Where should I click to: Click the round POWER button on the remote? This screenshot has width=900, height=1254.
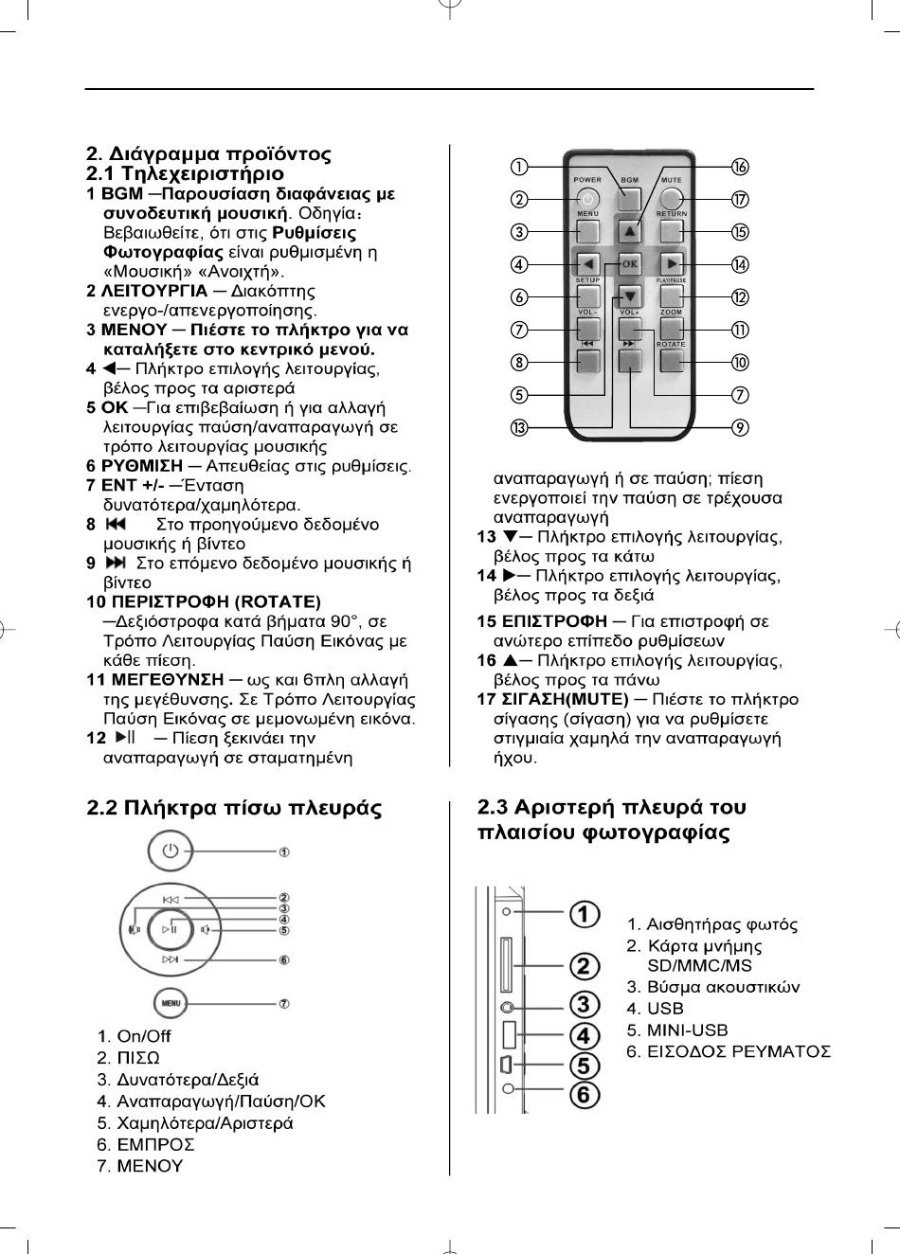click(587, 199)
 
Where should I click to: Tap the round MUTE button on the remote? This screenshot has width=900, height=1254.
click(672, 199)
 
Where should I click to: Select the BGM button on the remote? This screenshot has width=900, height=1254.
click(630, 199)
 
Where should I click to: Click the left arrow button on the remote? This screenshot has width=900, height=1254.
click(587, 264)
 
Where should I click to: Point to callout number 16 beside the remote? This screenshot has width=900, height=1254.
click(740, 167)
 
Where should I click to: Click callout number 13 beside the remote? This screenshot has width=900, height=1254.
click(519, 427)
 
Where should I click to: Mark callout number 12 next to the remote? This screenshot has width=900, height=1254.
click(740, 297)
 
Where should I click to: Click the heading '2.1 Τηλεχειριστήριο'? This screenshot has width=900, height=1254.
click(185, 174)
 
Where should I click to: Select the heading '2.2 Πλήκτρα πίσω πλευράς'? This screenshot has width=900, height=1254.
click(234, 808)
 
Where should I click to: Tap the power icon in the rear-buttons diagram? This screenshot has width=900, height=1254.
click(170, 851)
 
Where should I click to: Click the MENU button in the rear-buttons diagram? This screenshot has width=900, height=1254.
click(171, 1002)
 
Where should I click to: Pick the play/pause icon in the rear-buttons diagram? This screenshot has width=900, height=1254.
click(170, 929)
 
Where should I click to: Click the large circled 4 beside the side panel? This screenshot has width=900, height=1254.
click(584, 1035)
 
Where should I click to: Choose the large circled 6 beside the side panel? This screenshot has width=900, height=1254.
click(584, 1095)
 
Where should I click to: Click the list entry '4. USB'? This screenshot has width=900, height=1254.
click(655, 1009)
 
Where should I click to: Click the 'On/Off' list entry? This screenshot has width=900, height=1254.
click(144, 1036)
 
